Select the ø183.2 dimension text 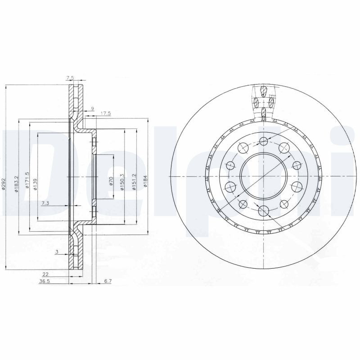[x=16, y=184]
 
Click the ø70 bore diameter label [x=111, y=181]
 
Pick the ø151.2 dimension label [x=134, y=182]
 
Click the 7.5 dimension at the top [x=70, y=78]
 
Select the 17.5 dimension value [x=105, y=114]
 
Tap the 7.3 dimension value [x=45, y=204]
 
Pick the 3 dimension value [x=56, y=252]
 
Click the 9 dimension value [x=92, y=108]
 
